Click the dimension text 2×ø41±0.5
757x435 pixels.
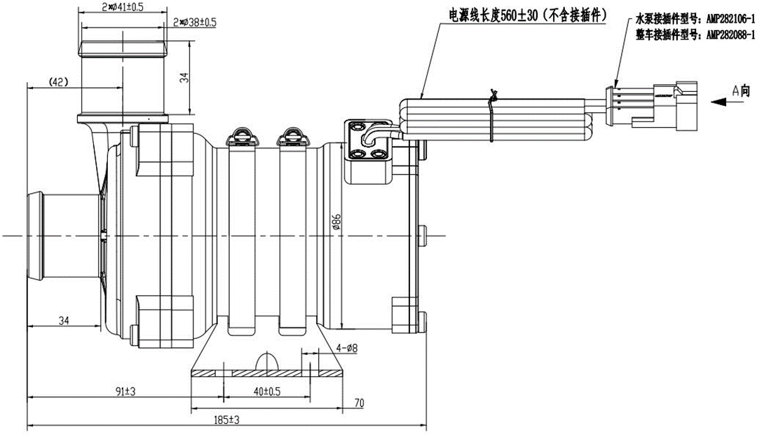click(123, 8)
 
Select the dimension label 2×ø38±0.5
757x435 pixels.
click(195, 22)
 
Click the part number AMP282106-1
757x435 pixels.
click(729, 20)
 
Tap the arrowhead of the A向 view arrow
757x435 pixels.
click(709, 102)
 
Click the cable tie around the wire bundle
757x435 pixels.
click(493, 112)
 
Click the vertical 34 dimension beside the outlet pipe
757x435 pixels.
click(184, 79)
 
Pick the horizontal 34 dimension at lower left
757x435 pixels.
click(64, 321)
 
